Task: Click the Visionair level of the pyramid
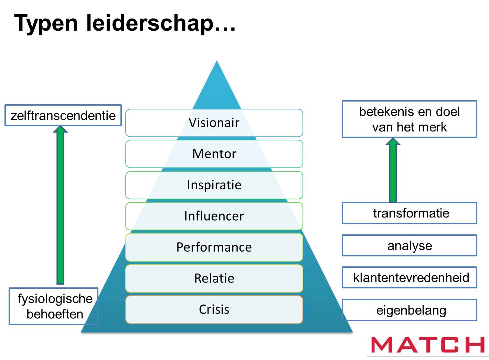pyautogui.click(x=214, y=123)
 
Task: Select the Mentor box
pyautogui.click(x=214, y=154)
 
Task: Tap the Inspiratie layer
pyautogui.click(x=214, y=185)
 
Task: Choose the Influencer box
pyautogui.click(x=214, y=216)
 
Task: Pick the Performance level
pyautogui.click(x=214, y=247)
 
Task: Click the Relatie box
pyautogui.click(x=214, y=278)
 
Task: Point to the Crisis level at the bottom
pyautogui.click(x=214, y=309)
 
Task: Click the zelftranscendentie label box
pyautogui.click(x=63, y=115)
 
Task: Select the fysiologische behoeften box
pyautogui.click(x=54, y=306)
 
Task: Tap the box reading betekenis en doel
pyautogui.click(x=409, y=119)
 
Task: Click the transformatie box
pyautogui.click(x=409, y=213)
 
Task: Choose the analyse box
pyautogui.click(x=409, y=245)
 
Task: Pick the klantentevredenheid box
pyautogui.click(x=409, y=277)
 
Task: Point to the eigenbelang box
pyautogui.click(x=409, y=310)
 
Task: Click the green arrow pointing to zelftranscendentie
pyautogui.click(x=61, y=207)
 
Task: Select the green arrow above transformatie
pyautogui.click(x=393, y=170)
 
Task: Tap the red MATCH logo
pyautogui.click(x=427, y=345)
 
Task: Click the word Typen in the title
pyautogui.click(x=46, y=23)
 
